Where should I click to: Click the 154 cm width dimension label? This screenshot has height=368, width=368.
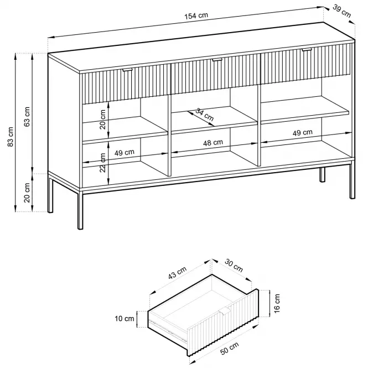click(x=196, y=15)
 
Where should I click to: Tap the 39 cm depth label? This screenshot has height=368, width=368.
click(x=341, y=11)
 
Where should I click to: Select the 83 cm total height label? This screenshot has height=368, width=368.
click(x=11, y=137)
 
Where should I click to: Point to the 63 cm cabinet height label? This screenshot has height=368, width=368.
click(x=27, y=117)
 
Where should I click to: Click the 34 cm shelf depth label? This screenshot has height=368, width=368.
click(x=204, y=115)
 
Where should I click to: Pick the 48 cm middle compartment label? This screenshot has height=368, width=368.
click(x=213, y=142)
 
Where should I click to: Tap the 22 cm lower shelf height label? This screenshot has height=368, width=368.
click(x=103, y=163)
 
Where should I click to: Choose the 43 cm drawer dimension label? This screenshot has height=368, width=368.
click(x=178, y=273)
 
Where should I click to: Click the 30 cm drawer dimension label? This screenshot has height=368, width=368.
click(x=234, y=265)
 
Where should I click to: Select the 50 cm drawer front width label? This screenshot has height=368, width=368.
click(x=229, y=348)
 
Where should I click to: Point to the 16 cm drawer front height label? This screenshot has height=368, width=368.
click(x=277, y=303)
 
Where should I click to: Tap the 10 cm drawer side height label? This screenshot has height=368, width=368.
click(x=124, y=319)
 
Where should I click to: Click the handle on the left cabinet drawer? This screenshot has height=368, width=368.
click(x=128, y=70)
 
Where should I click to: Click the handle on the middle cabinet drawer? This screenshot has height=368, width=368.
click(x=217, y=60)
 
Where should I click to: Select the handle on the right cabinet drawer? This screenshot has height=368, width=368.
click(x=307, y=50)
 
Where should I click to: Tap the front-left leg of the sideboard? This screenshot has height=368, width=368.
click(x=80, y=210)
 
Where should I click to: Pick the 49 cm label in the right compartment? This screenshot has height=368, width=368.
click(x=303, y=133)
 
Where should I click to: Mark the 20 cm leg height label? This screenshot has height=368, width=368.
click(x=27, y=193)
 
